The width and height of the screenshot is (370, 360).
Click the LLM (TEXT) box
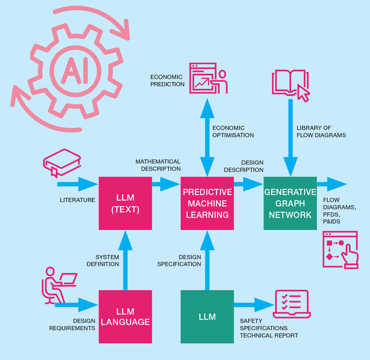125,203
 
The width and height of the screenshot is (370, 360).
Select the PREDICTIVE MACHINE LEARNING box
207,203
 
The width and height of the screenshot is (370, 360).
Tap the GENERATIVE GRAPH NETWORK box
290,203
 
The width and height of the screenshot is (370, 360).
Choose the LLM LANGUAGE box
125,317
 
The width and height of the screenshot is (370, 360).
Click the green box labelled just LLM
207,317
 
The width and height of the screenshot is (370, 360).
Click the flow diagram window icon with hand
340,249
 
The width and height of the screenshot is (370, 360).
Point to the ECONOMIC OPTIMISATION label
233,132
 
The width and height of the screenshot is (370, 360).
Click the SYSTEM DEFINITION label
103,260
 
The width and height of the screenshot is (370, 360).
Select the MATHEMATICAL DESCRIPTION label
158,165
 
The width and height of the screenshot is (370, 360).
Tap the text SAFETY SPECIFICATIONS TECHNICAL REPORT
269,328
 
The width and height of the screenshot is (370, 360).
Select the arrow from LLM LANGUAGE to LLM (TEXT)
125,260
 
